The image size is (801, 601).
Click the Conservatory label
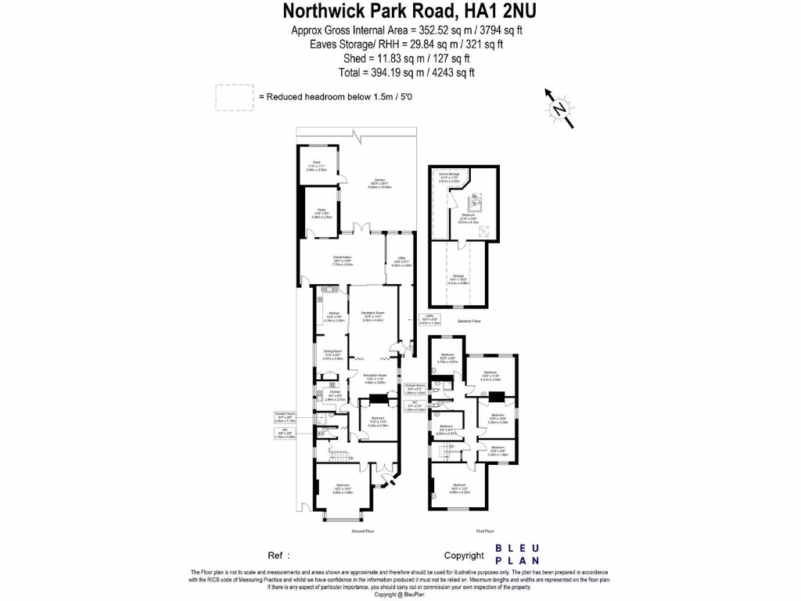click(x=343, y=261)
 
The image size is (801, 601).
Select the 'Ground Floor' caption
click(x=365, y=531)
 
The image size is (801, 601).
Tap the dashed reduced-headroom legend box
click(x=235, y=97)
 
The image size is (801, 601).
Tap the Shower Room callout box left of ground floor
click(x=285, y=417)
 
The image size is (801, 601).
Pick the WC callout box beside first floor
click(x=415, y=407)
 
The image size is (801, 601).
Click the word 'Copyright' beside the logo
click(x=465, y=556)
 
